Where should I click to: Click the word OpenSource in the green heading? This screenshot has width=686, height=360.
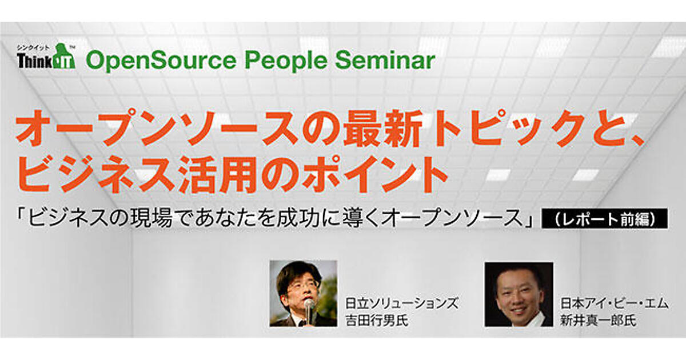[x=161, y=61]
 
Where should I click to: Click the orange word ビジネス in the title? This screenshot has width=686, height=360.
[x=95, y=174]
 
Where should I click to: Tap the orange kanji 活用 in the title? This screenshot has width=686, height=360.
[x=216, y=174]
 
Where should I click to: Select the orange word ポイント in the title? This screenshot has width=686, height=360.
[x=372, y=174]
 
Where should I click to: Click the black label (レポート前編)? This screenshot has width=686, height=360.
[x=605, y=218]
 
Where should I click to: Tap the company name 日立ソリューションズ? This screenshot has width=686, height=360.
[x=402, y=303]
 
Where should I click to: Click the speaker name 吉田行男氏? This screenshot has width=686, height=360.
[x=377, y=321]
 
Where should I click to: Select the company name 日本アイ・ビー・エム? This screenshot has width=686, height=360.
[x=614, y=303]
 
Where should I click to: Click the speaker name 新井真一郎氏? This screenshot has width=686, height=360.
[x=598, y=321]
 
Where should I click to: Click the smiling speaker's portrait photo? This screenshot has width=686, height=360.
[x=519, y=294]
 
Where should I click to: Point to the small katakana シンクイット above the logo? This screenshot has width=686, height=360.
[x=33, y=47]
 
